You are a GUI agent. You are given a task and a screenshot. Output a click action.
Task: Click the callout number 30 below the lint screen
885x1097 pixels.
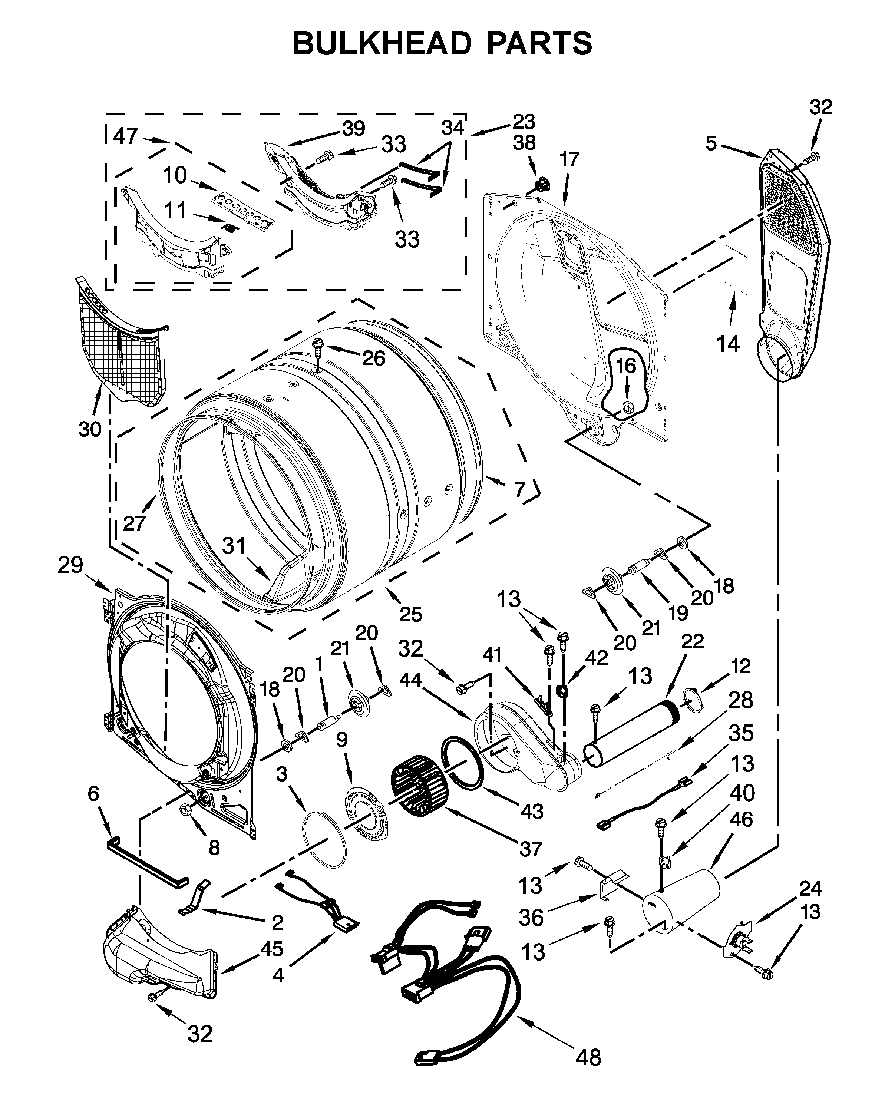tap(90, 429)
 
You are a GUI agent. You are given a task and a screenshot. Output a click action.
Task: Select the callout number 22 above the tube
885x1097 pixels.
tap(692, 641)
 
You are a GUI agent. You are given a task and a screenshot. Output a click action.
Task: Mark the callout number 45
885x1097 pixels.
tap(271, 949)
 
